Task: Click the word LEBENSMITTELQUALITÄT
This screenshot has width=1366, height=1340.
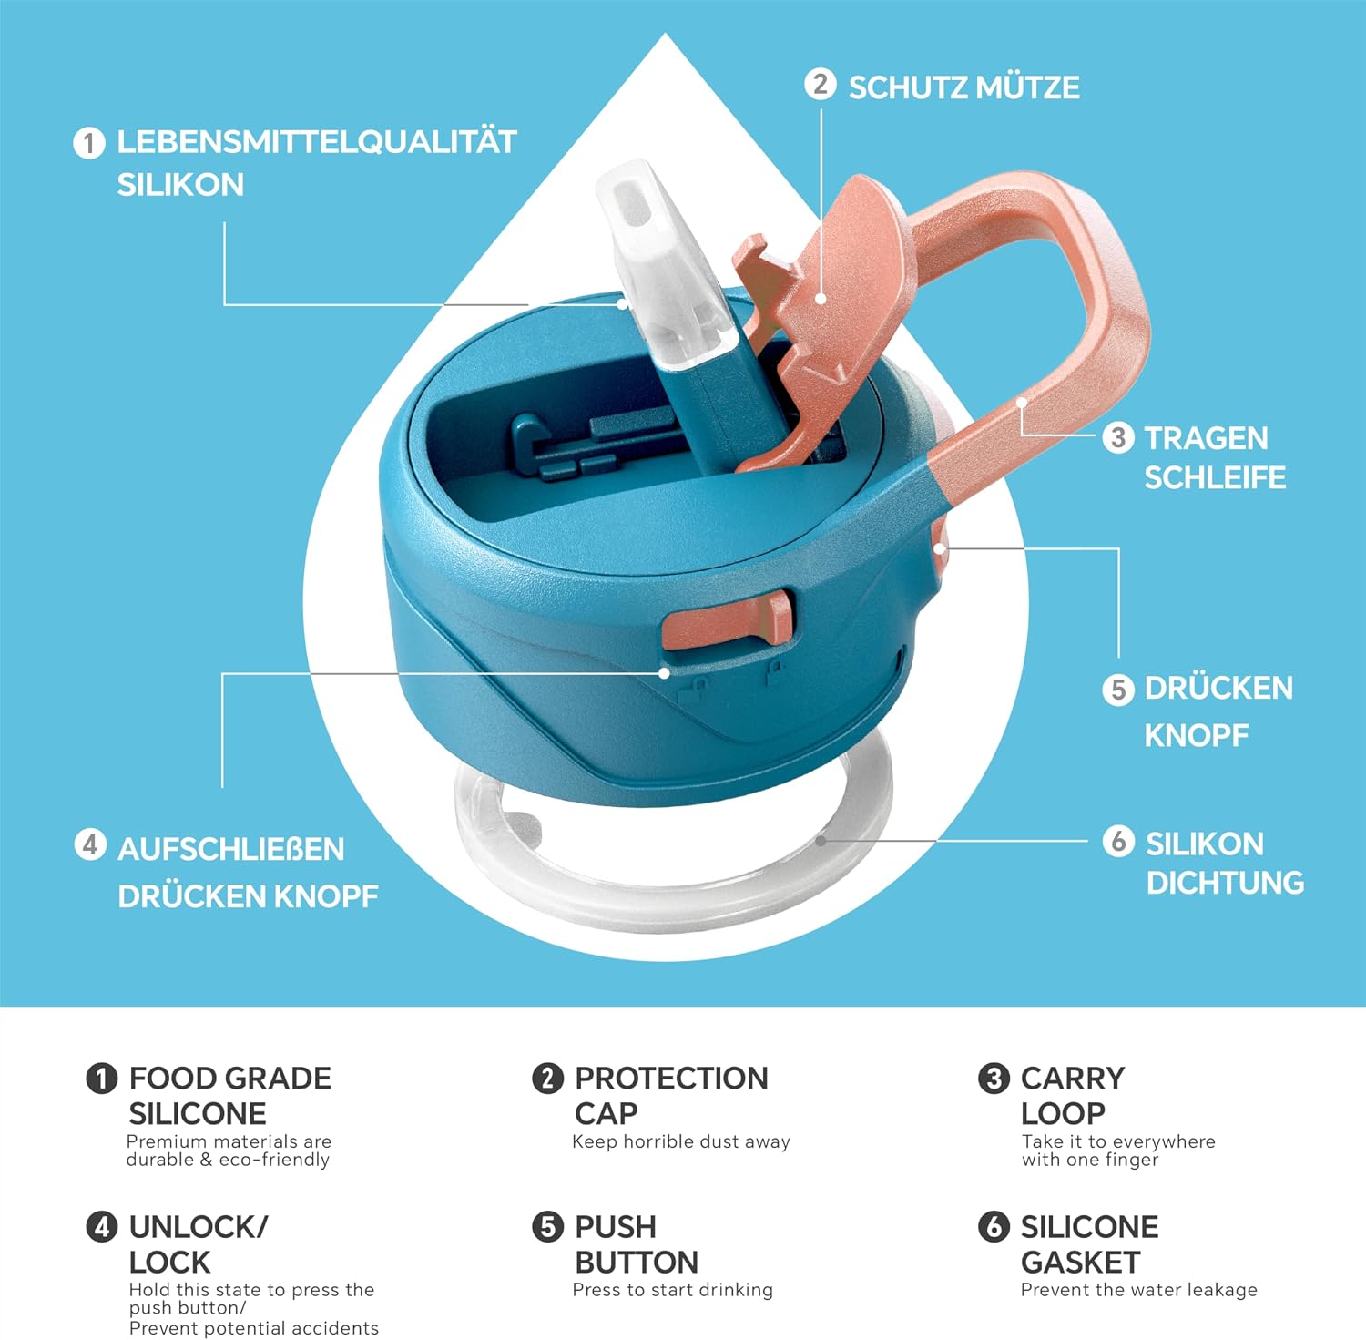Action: (x=317, y=141)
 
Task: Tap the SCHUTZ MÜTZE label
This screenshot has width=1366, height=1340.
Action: (x=964, y=87)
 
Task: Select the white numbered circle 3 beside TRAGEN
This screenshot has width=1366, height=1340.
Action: (x=1118, y=437)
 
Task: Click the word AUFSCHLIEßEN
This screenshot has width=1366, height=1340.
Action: (x=231, y=849)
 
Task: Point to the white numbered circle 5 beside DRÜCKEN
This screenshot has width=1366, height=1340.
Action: (x=1118, y=690)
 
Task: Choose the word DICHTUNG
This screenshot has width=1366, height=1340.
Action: (x=1225, y=883)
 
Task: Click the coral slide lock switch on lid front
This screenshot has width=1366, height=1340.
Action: (x=729, y=619)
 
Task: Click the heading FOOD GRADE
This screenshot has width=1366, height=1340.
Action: (x=230, y=1078)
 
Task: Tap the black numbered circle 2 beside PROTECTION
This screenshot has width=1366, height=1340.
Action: (x=547, y=1078)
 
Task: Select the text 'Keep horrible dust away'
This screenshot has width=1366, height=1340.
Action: (x=681, y=1141)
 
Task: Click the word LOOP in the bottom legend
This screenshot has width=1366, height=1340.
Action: (x=1063, y=1113)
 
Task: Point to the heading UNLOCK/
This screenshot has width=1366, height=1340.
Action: (x=199, y=1227)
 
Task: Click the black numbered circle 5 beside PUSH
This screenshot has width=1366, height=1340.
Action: (x=547, y=1226)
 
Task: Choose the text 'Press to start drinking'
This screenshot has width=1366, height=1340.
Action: (x=673, y=1290)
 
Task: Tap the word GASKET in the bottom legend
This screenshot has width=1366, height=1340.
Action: (x=1080, y=1263)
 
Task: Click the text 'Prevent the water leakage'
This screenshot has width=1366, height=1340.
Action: (x=1139, y=1290)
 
